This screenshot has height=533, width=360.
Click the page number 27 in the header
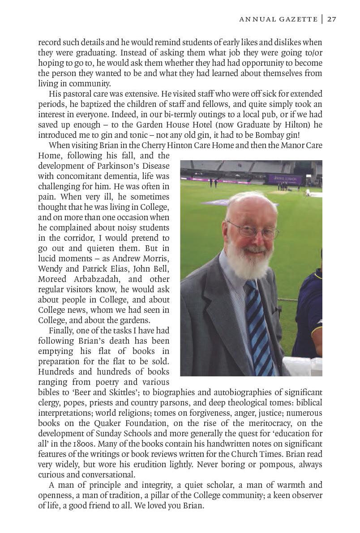click(x=331, y=19)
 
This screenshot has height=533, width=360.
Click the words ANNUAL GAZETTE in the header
click(x=278, y=19)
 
